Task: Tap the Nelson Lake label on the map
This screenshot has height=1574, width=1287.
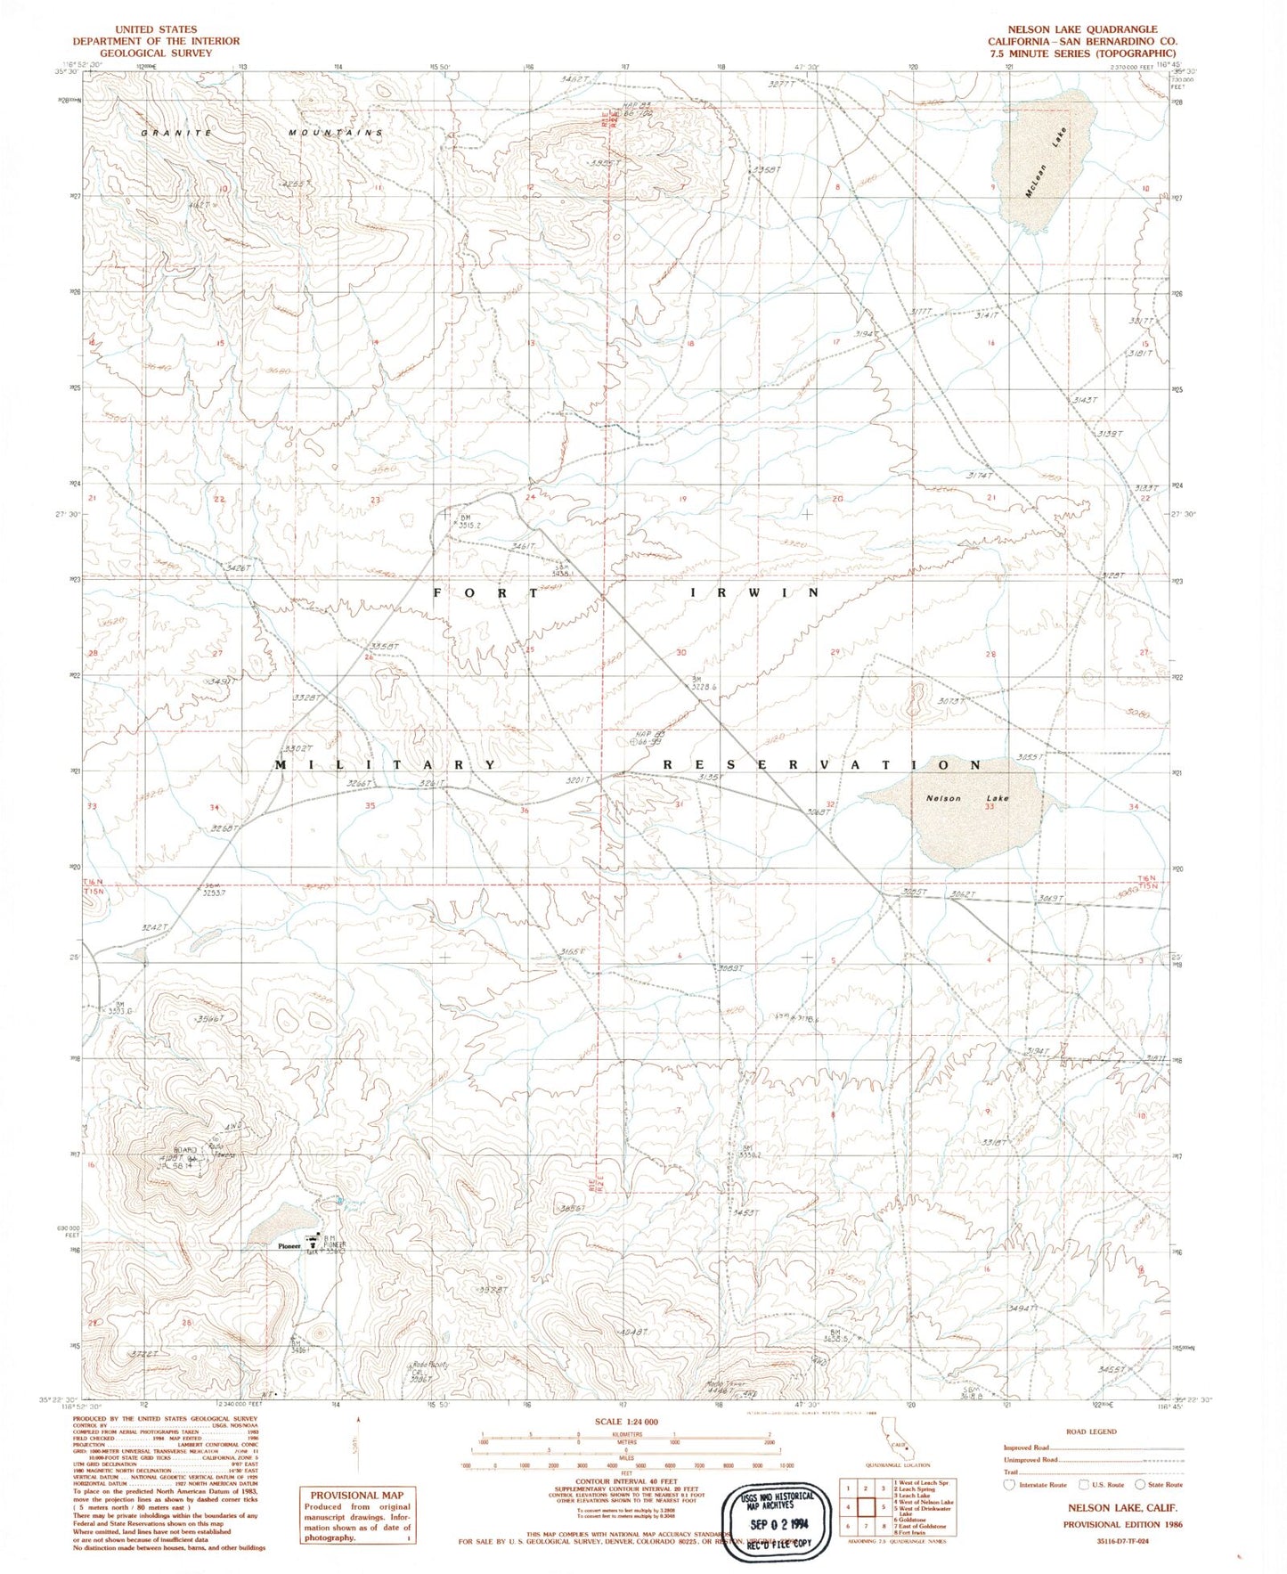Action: click(966, 798)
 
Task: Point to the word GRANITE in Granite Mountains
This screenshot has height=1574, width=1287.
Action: click(177, 133)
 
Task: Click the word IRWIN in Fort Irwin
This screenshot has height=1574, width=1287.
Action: click(754, 592)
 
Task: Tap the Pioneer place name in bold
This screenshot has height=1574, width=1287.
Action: click(289, 1245)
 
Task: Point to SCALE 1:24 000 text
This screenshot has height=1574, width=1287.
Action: click(626, 1422)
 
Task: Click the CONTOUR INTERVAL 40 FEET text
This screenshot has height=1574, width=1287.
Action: click(626, 1480)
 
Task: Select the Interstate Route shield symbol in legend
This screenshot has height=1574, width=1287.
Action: click(1008, 1485)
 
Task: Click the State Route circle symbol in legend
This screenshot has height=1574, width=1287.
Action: click(1140, 1485)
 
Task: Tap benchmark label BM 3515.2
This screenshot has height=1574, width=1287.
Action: click(468, 522)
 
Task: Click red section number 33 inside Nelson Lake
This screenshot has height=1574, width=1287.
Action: click(989, 807)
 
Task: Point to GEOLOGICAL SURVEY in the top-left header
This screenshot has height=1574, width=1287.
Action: click(156, 53)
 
